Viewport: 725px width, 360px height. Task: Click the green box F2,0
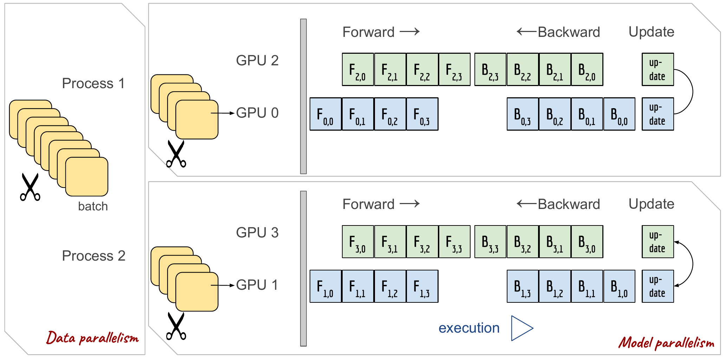tap(358, 70)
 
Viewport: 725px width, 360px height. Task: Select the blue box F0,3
tap(422, 114)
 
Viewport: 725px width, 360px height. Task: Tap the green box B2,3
tap(490, 70)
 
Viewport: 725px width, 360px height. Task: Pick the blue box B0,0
tap(619, 114)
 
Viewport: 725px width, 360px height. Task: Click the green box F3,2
tap(422, 242)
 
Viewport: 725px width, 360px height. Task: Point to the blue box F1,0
tap(325, 286)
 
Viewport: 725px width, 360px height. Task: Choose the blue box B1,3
tap(523, 286)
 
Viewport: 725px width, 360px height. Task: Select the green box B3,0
tap(587, 242)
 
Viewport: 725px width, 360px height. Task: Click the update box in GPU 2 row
tap(658, 70)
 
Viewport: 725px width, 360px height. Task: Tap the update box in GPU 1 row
tap(658, 286)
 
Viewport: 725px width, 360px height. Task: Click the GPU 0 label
tap(257, 113)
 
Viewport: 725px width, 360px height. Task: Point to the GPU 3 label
tap(257, 233)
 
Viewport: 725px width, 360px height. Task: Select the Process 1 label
tap(93, 84)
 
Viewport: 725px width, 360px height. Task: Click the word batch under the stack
tap(93, 207)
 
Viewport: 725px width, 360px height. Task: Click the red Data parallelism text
tap(92, 338)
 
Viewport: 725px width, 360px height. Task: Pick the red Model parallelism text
tap(666, 342)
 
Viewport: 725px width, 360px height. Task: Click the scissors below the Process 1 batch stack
tap(30, 187)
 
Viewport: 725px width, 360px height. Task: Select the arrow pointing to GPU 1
tap(223, 285)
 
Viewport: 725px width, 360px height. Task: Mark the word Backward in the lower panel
tap(569, 204)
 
